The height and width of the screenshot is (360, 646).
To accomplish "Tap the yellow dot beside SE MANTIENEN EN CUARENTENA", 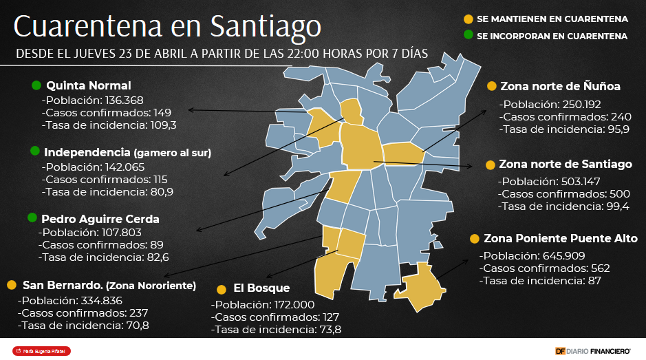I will click(469, 19).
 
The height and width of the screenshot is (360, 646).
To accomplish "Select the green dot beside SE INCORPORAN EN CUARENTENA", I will click(469, 34).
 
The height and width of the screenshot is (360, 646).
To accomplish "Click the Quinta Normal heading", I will click(88, 86).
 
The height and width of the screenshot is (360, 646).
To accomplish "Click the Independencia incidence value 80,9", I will click(161, 192).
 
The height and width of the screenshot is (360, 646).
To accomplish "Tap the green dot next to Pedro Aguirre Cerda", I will click(32, 218).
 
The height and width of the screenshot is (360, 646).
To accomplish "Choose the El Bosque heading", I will click(261, 288).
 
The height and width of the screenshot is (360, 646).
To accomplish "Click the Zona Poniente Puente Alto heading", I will click(561, 239).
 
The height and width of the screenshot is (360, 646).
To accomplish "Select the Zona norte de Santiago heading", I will click(566, 165).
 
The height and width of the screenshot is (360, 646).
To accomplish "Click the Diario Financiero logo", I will click(593, 351).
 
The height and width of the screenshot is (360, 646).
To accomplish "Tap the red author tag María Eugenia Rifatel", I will click(42, 351).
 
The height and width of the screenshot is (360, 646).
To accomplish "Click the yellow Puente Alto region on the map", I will click(420, 286).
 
